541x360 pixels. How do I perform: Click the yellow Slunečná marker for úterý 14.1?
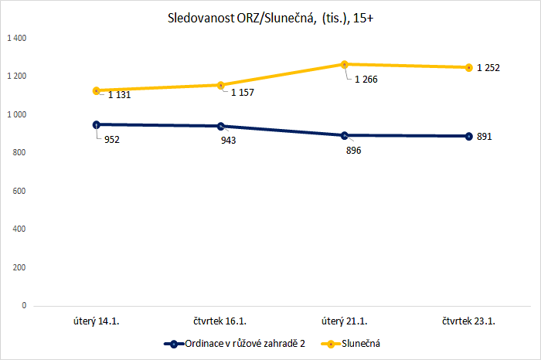point(97,90)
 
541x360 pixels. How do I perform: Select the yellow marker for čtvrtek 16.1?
point(220,85)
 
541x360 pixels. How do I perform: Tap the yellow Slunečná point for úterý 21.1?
point(345,64)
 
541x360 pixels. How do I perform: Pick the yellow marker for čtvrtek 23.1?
point(468,67)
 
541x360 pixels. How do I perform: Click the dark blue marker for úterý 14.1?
point(97,124)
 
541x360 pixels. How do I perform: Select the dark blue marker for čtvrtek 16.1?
point(220,126)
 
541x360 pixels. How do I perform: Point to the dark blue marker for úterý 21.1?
point(345,135)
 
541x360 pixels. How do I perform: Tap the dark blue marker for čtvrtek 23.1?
point(468,136)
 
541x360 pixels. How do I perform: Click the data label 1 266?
point(366,79)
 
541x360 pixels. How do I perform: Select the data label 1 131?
point(119,95)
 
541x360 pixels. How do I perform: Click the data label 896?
point(352,151)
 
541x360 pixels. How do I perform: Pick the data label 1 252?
point(488,68)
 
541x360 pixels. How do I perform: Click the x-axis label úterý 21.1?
point(345,321)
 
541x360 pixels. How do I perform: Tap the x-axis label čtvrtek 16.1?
point(220,321)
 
